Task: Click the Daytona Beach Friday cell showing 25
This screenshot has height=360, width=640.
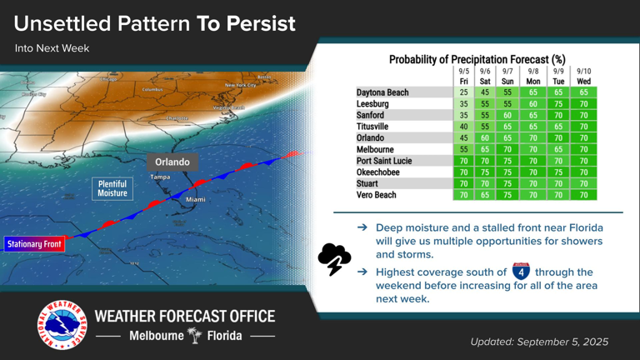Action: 464,92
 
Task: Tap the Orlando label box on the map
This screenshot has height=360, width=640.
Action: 172,162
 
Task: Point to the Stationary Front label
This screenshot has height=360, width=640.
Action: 34,244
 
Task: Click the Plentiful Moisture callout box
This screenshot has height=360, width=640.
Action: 112,188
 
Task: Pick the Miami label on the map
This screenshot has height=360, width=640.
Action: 196,200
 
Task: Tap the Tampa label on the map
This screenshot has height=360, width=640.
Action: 160,177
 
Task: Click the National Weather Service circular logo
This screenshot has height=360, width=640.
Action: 62,325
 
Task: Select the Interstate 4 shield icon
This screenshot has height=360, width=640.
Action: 521,271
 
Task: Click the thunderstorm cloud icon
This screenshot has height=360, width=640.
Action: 334,258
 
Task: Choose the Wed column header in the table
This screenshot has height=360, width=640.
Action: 583,82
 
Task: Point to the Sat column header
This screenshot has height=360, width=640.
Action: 485,82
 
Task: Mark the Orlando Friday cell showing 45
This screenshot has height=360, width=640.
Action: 464,138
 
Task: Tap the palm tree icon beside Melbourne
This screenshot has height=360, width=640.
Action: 194,336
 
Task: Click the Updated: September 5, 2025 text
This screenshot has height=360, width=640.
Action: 539,342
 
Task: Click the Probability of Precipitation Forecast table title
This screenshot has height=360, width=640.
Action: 477,59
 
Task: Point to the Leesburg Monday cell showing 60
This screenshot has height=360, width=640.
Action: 533,104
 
